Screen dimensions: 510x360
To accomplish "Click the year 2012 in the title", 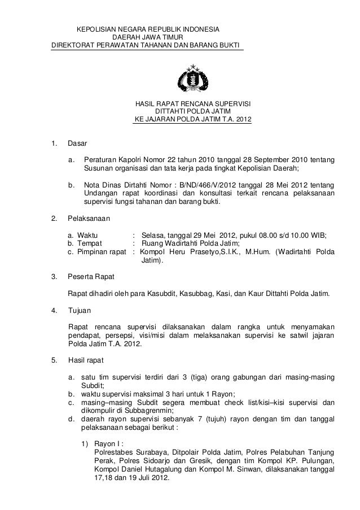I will [243, 120].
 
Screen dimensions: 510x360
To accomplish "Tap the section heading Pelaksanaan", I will [89, 218].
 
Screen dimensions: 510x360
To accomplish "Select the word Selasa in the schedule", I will [154, 235].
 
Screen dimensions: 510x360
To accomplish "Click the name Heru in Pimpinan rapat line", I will [182, 252].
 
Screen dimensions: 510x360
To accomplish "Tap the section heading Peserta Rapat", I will [91, 277].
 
